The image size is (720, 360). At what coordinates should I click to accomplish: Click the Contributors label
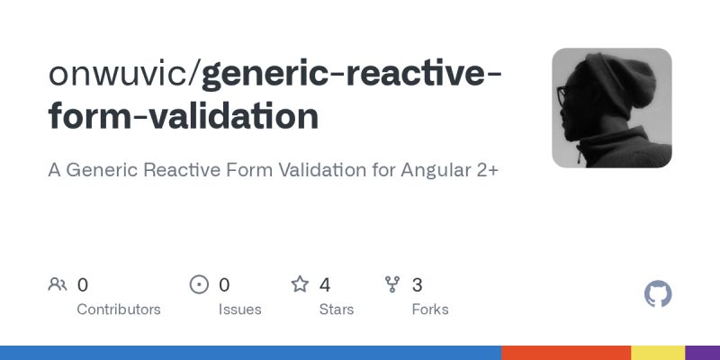point(119,309)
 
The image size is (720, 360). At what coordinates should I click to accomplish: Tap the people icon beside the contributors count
point(58,285)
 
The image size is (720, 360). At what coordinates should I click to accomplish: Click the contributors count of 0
point(83,285)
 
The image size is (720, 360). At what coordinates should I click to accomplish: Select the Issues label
point(239,309)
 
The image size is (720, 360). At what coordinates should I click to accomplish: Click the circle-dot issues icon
point(199,285)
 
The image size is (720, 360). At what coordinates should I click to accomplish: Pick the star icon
point(300,285)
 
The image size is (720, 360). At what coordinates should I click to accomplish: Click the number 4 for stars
point(325,285)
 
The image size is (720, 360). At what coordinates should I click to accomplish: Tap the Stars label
point(337,309)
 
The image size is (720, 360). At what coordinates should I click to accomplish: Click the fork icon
point(392,285)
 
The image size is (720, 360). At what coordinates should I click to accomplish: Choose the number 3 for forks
point(417,285)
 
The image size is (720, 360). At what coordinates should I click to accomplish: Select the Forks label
point(430,309)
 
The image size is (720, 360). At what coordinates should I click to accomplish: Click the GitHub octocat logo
point(659,294)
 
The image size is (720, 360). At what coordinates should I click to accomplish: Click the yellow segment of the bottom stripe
point(658,352)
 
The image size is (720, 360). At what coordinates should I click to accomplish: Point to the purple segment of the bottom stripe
point(703,352)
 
